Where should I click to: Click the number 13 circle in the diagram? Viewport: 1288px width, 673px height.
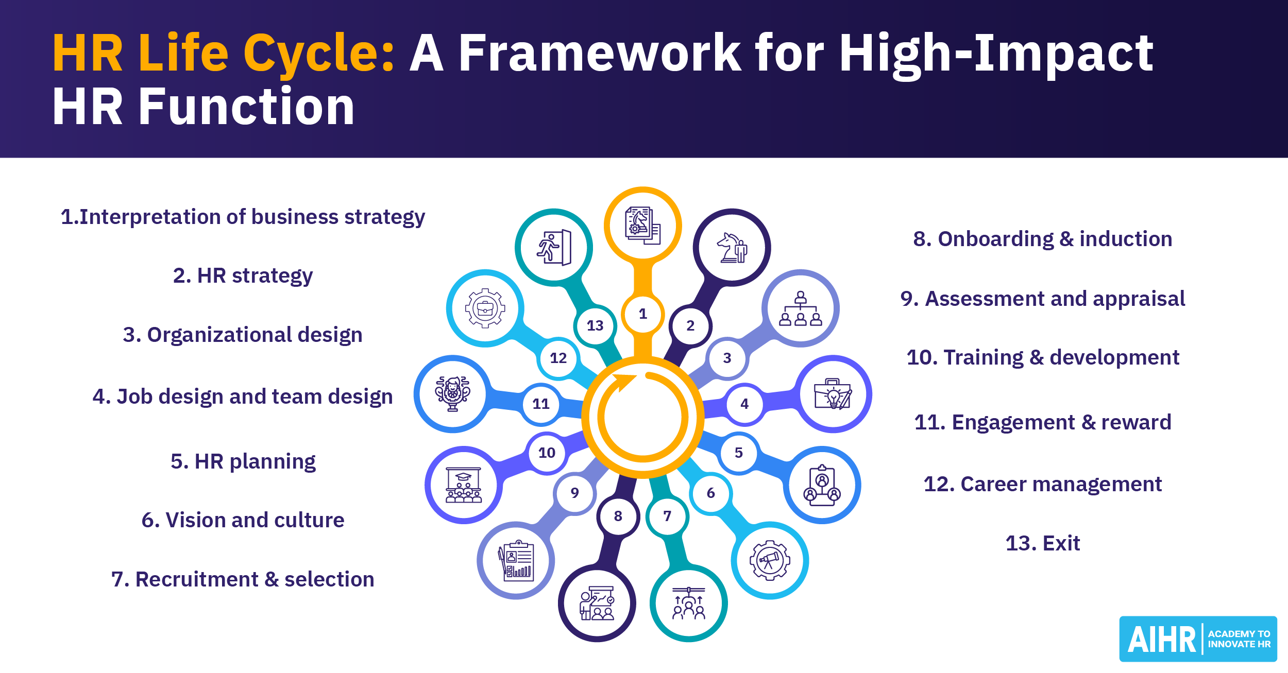[x=595, y=325]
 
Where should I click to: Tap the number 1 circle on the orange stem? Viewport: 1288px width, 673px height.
[x=642, y=314]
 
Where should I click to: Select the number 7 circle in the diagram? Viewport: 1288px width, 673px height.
[x=667, y=516]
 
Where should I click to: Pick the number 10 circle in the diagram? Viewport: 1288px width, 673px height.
[x=547, y=453]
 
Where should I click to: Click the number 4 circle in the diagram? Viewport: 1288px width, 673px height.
[x=744, y=404]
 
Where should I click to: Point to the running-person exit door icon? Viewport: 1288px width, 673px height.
[x=554, y=248]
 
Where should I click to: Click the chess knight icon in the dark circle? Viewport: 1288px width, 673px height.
[x=732, y=248]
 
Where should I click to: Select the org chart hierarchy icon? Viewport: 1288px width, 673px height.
[x=800, y=308]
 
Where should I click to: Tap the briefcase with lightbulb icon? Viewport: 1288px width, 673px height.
[x=833, y=394]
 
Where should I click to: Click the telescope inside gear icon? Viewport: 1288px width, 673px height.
[x=770, y=560]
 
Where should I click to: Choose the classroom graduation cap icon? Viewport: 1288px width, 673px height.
[x=463, y=485]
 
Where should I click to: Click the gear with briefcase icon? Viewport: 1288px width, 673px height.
[x=485, y=308]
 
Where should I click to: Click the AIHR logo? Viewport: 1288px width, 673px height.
[x=1198, y=639]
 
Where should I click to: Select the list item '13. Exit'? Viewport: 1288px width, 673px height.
[x=1042, y=543]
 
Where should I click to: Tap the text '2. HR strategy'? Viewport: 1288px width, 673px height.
[x=243, y=276]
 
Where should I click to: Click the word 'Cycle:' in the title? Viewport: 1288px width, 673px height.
[x=319, y=53]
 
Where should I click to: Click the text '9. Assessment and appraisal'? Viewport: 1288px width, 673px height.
[x=1042, y=299]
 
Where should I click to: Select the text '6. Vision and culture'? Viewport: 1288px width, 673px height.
[x=243, y=520]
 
